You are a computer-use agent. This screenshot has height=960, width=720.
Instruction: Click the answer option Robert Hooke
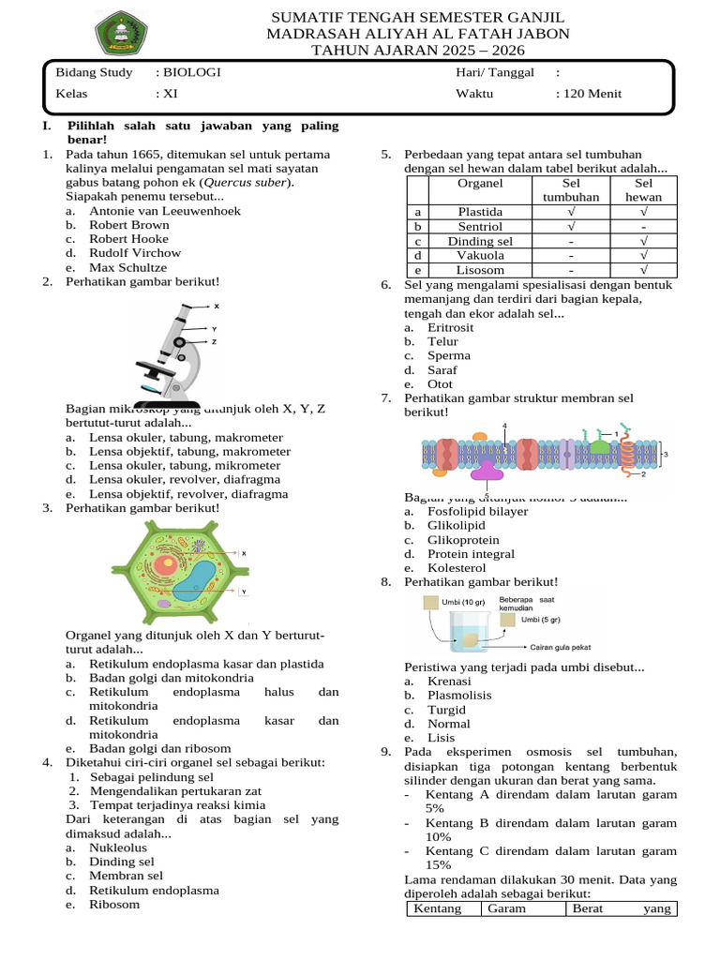128,239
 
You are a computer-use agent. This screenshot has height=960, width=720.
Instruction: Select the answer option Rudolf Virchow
135,253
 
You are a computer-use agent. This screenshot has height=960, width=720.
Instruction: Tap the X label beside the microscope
217,307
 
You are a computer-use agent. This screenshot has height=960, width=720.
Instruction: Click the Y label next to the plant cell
245,592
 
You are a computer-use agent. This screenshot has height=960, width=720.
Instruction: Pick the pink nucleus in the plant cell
167,565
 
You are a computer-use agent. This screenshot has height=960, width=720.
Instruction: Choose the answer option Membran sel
126,877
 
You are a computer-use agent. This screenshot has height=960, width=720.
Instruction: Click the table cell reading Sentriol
480,227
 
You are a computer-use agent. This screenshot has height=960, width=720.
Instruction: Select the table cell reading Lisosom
480,270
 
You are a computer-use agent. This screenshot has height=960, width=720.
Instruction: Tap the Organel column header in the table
480,184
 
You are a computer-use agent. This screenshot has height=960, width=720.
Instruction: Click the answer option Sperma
449,356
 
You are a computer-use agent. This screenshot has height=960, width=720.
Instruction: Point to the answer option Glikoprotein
463,540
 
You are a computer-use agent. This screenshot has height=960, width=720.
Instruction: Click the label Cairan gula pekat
562,646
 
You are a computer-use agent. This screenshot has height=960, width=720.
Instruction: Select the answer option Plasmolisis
459,696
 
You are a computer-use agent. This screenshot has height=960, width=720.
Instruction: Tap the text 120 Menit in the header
592,94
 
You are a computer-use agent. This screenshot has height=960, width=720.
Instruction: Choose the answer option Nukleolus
118,848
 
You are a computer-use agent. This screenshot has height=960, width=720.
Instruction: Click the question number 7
385,398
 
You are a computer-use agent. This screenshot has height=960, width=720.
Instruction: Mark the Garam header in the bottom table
507,909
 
